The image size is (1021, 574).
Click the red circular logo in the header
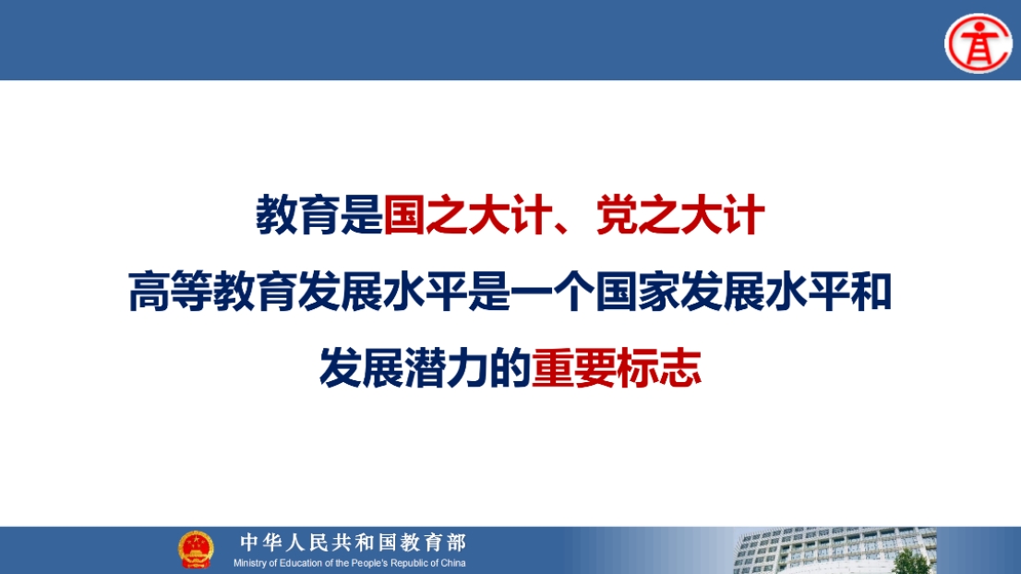[x=978, y=43]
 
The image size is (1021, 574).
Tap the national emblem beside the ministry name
[x=196, y=550]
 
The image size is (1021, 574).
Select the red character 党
[x=617, y=215]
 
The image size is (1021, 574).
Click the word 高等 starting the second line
[x=171, y=292]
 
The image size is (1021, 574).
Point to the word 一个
[x=552, y=292]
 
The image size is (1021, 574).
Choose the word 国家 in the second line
[x=638, y=292]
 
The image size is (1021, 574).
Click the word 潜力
[x=446, y=368]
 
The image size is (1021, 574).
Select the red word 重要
[x=573, y=368]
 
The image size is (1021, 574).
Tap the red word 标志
[x=659, y=368]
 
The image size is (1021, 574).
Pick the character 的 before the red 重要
[x=510, y=368]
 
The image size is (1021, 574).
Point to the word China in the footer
[x=453, y=563]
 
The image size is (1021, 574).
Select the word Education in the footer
[x=302, y=563]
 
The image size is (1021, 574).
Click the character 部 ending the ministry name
[x=457, y=542]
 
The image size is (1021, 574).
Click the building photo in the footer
[x=835, y=551]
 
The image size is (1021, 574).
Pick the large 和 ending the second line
[x=871, y=292]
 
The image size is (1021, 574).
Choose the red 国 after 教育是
[x=404, y=215]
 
